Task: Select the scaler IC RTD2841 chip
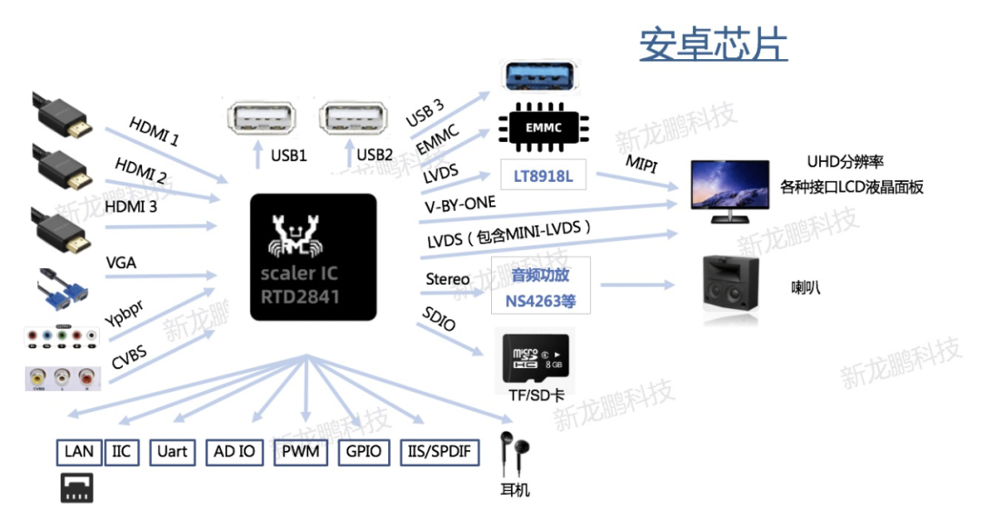pos(313,257)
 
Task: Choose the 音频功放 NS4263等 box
pos(541,286)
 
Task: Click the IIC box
pos(122,451)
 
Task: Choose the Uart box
pos(172,451)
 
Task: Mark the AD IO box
pos(235,451)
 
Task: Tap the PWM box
pos(300,451)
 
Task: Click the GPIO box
pos(364,451)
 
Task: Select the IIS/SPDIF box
pos(440,451)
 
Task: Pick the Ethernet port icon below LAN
pos(77,488)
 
